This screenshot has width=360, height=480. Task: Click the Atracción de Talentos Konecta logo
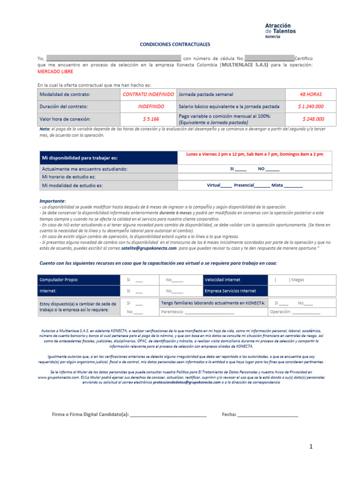[280, 30]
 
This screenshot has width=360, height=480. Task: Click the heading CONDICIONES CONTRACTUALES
[175, 45]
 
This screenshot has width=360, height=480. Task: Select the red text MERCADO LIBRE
[55, 72]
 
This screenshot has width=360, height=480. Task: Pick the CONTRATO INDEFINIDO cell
[148, 94]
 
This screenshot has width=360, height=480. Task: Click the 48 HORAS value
[311, 94]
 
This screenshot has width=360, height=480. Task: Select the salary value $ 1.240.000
[311, 106]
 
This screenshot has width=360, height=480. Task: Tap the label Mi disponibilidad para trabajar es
[80, 158]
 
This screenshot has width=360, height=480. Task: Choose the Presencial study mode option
[252, 186]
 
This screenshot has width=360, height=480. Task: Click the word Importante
[52, 201]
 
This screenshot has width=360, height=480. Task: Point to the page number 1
[310, 447]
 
